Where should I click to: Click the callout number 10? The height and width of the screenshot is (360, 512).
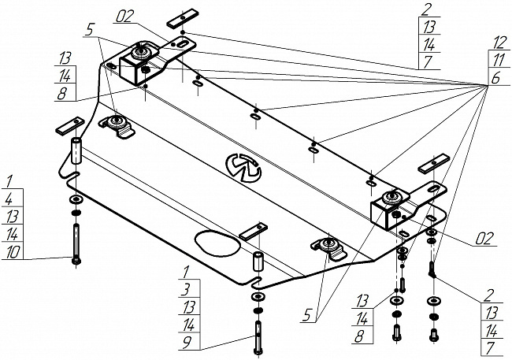click(13, 251)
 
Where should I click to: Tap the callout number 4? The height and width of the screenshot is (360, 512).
click(9, 199)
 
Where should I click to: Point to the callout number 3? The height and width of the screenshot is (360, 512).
click(185, 289)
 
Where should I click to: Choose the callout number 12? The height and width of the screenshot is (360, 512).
click(499, 42)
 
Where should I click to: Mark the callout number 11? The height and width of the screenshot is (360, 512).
click(499, 60)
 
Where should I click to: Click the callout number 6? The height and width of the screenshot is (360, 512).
click(495, 78)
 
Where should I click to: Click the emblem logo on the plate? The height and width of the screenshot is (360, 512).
click(243, 167)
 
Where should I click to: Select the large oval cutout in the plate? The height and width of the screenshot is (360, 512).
click(217, 242)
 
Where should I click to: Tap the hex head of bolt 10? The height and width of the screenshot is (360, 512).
click(76, 261)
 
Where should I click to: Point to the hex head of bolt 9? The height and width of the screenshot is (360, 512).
click(258, 351)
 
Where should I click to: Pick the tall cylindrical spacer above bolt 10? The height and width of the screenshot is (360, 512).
click(76, 151)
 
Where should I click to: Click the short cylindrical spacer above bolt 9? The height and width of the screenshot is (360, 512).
click(258, 261)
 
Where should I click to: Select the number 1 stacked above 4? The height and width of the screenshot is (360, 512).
click(9, 181)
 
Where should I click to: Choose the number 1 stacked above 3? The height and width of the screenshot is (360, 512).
click(185, 271)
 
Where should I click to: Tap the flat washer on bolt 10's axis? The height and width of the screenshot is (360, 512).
click(76, 199)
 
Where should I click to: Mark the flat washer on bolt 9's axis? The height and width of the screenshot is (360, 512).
click(258, 297)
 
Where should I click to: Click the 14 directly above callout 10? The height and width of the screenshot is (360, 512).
click(12, 234)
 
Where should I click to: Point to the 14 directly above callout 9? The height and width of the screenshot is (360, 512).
click(188, 325)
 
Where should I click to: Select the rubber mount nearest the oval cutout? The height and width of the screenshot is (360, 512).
click(328, 248)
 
